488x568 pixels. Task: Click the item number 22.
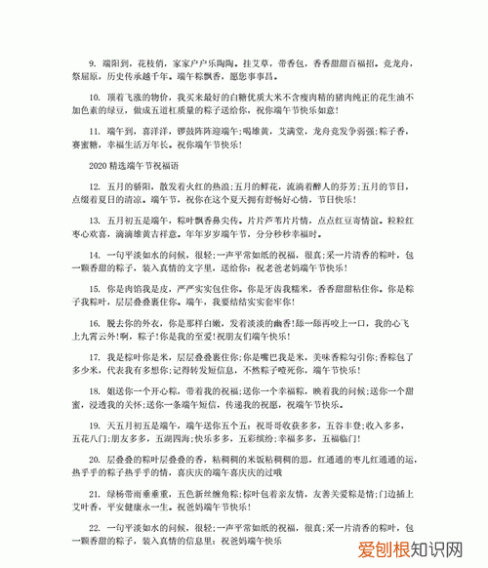coord(93,526)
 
